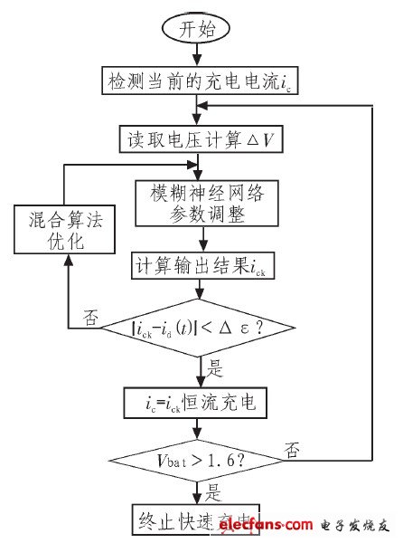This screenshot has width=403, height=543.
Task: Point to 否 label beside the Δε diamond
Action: point(89,317)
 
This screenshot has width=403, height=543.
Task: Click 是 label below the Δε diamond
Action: point(214,369)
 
